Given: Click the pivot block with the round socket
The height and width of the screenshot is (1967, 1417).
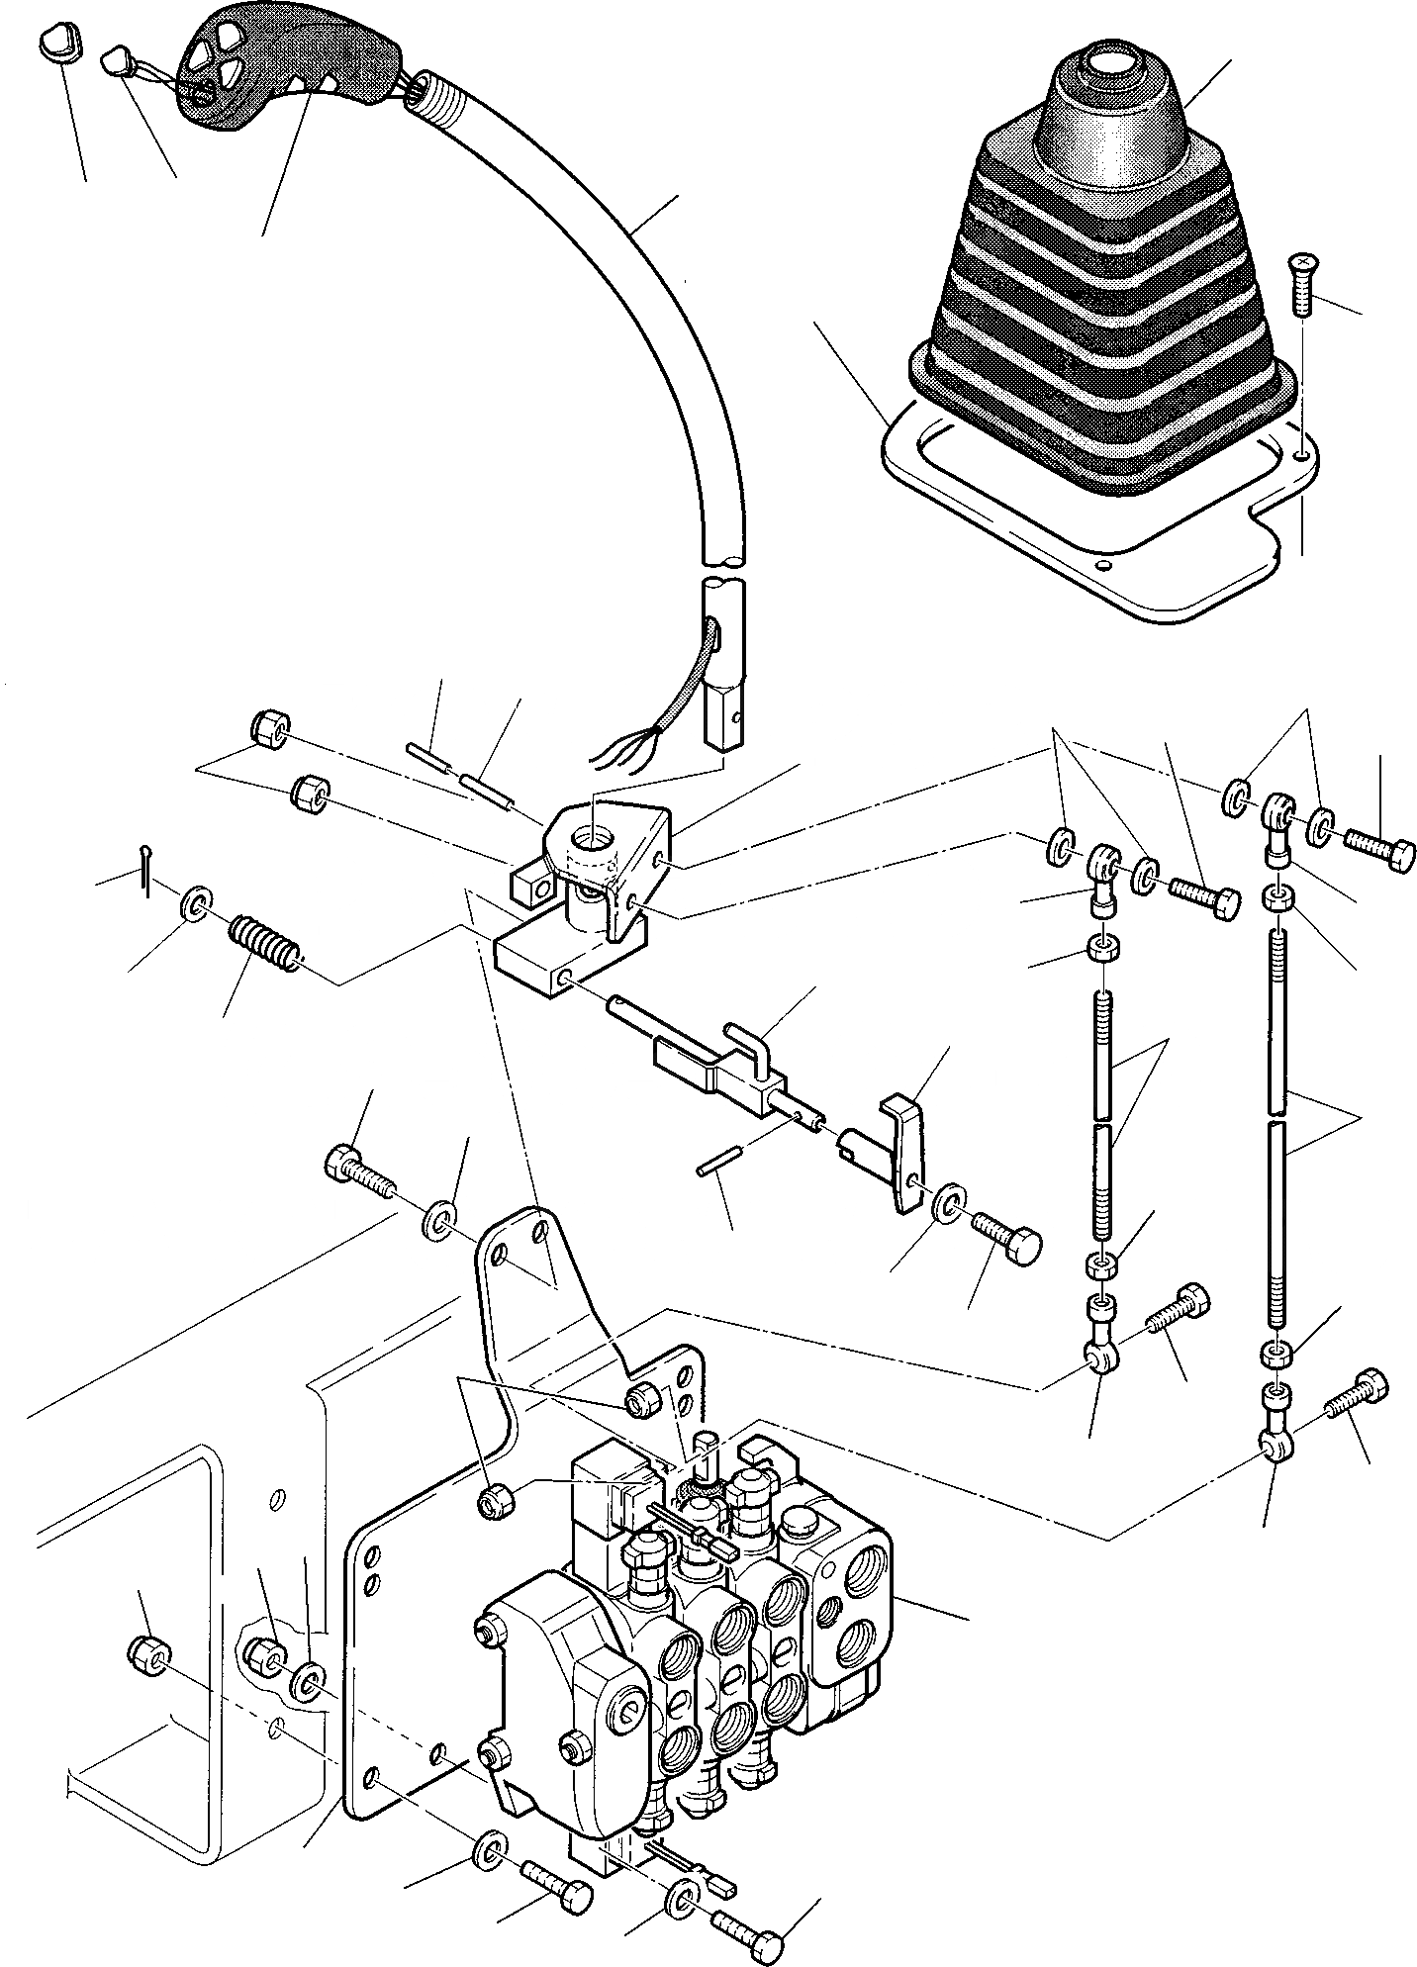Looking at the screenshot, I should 594,851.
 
